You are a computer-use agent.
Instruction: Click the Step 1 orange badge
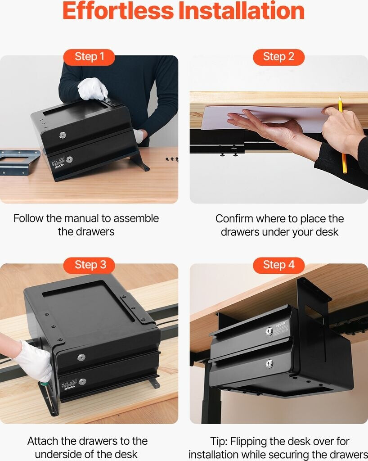point(89,57)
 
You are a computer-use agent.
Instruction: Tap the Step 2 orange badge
point(279,57)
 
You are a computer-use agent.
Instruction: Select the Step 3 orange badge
point(89,265)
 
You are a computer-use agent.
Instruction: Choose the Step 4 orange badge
point(279,265)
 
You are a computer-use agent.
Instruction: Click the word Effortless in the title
point(118,11)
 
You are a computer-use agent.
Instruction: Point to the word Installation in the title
point(242,11)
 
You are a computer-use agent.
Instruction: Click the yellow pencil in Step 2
point(342,135)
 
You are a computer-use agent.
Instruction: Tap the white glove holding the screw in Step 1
point(93,89)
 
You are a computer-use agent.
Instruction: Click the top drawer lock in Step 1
point(63,135)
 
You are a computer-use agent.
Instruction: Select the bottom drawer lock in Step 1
point(69,160)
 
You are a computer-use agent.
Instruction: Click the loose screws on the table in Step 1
point(172,159)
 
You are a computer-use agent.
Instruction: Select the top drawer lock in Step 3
point(81,357)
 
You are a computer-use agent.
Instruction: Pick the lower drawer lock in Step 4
point(269,364)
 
